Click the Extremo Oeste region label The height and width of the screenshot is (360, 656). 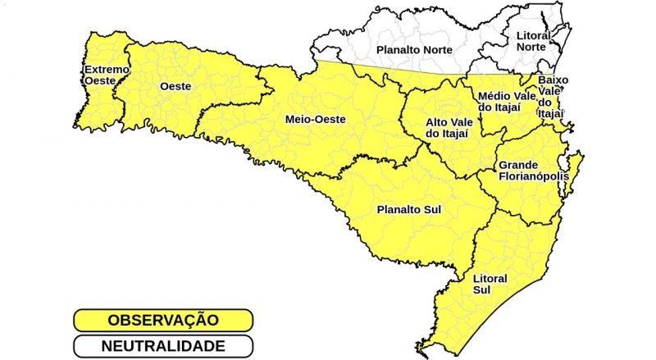(x=106, y=75)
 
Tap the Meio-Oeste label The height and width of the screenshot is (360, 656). (x=315, y=120)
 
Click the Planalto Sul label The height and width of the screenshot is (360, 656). (x=408, y=210)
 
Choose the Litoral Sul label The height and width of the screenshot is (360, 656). (x=490, y=284)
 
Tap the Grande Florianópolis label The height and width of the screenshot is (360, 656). (x=533, y=170)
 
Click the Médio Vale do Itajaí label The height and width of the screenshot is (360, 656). (x=507, y=102)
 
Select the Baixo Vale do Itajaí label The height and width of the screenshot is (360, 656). (x=552, y=97)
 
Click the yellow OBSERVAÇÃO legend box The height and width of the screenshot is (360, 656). (x=162, y=319)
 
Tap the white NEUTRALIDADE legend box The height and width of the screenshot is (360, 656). (x=162, y=346)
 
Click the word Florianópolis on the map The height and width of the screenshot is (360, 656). (x=533, y=176)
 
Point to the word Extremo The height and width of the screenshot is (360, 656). (x=107, y=70)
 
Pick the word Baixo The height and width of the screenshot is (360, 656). (x=552, y=80)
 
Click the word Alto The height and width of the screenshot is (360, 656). (x=437, y=122)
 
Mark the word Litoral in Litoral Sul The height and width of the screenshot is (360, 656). (x=490, y=278)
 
